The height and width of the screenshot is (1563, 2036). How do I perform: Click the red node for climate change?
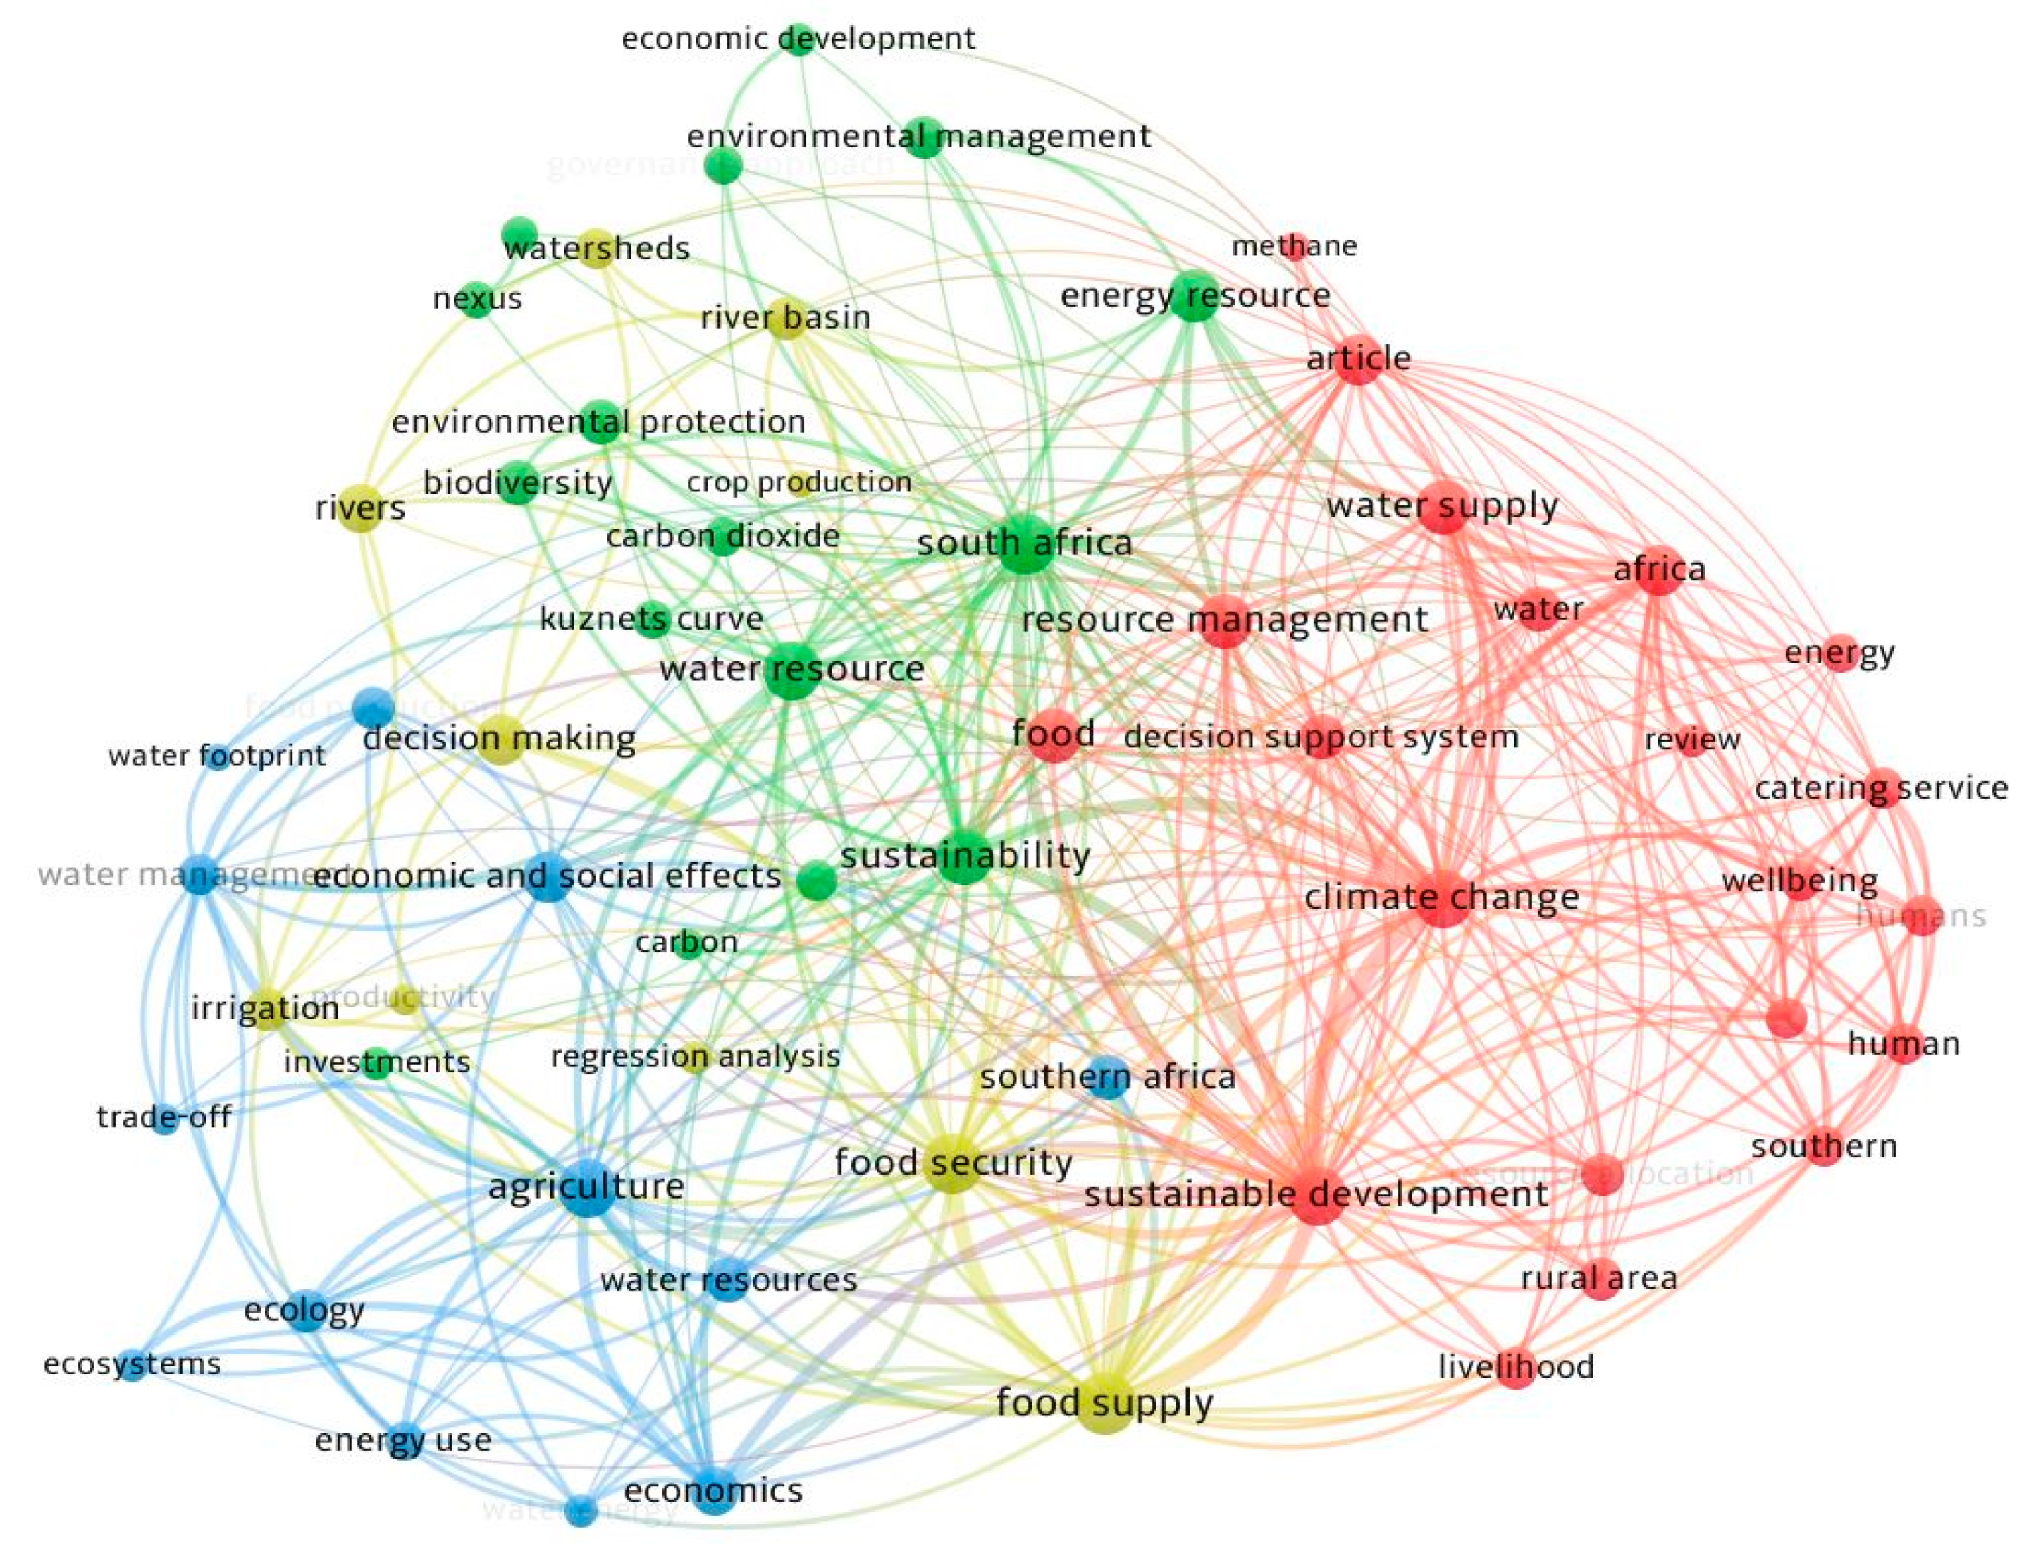(1443, 899)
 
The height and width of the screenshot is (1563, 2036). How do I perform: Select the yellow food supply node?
(1105, 1404)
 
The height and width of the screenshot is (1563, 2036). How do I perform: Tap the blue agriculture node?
(588, 1187)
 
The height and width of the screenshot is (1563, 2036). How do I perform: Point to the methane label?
(1294, 245)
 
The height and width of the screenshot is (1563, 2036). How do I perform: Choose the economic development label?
(798, 39)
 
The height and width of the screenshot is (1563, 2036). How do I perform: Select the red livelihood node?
(1515, 1368)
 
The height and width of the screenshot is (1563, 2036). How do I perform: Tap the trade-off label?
(164, 1117)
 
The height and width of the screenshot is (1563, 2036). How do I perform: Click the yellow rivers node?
(360, 508)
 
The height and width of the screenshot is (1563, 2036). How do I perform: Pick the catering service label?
(1881, 788)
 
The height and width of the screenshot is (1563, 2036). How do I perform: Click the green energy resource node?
(1195, 296)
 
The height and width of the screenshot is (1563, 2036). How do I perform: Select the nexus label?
(477, 299)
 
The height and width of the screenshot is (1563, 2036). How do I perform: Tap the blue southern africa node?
(1108, 1077)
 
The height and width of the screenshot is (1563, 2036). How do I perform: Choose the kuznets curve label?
(651, 619)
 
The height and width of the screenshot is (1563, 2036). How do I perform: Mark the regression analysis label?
(695, 1057)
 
